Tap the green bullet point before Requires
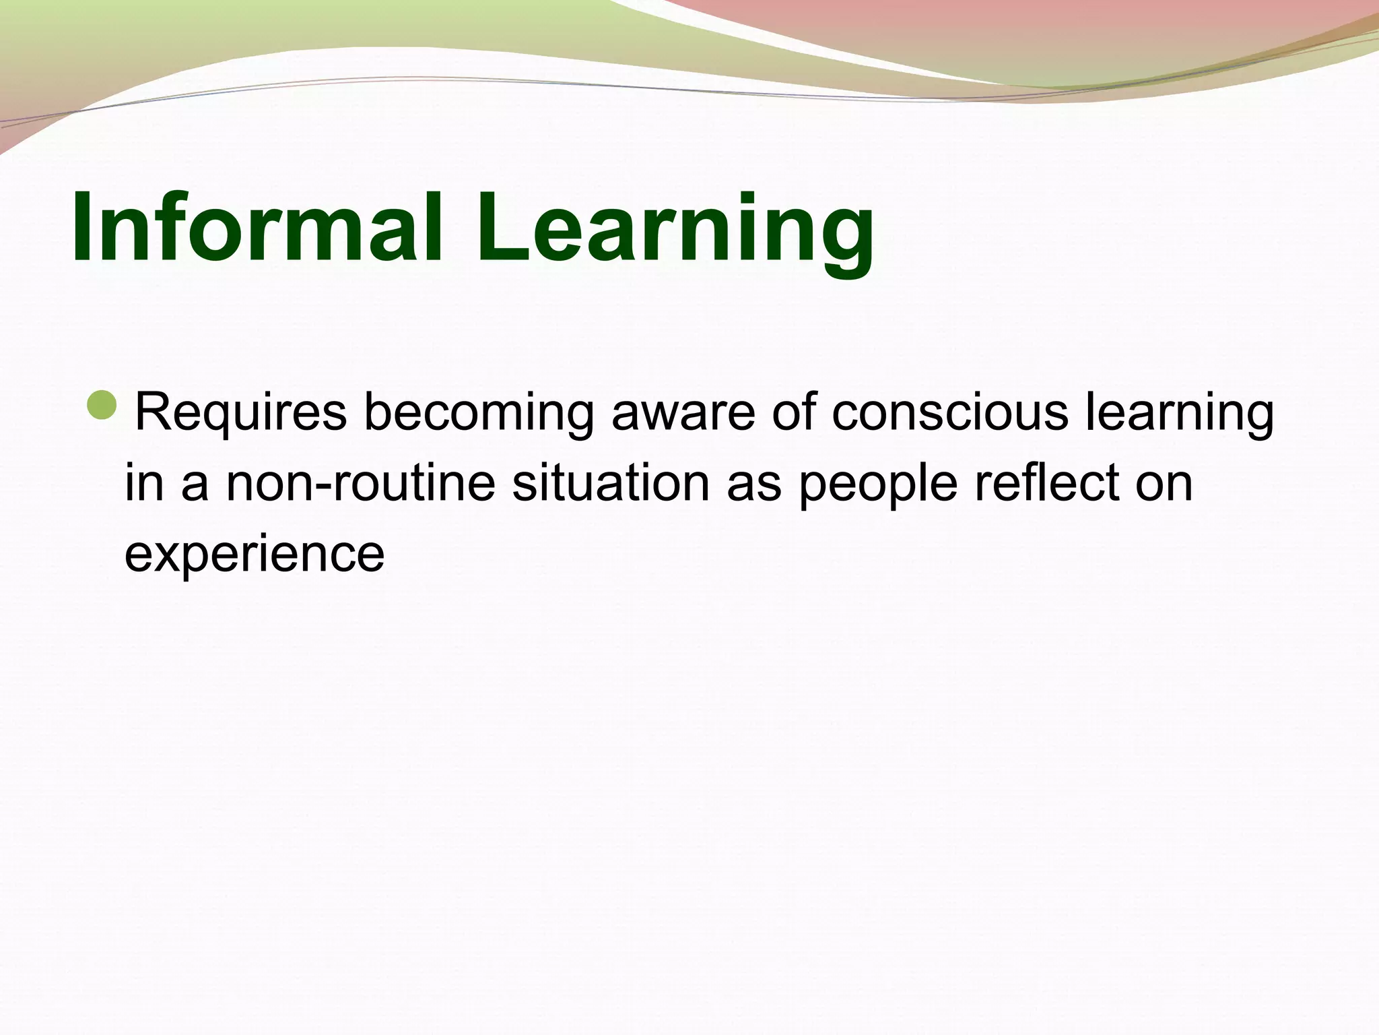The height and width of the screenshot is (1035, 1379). click(104, 406)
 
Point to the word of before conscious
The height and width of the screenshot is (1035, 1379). click(793, 412)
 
